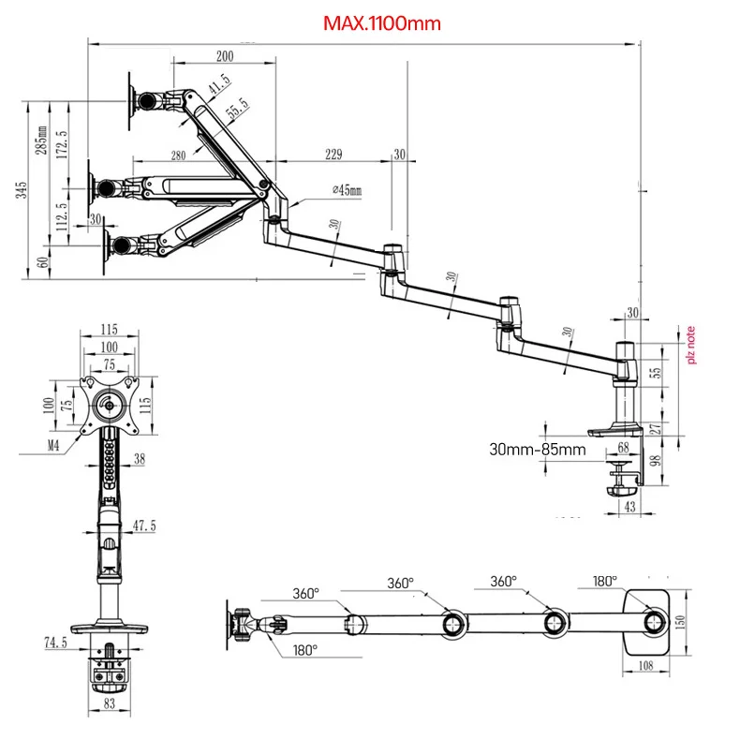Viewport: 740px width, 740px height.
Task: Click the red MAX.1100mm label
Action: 381,23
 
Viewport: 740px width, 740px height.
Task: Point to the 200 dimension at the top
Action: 224,56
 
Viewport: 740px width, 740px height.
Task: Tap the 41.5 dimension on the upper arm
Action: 218,85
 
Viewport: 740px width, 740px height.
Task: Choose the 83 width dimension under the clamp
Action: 110,703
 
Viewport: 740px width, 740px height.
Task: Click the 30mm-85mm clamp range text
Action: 538,449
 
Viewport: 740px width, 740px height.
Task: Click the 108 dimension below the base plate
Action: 645,667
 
